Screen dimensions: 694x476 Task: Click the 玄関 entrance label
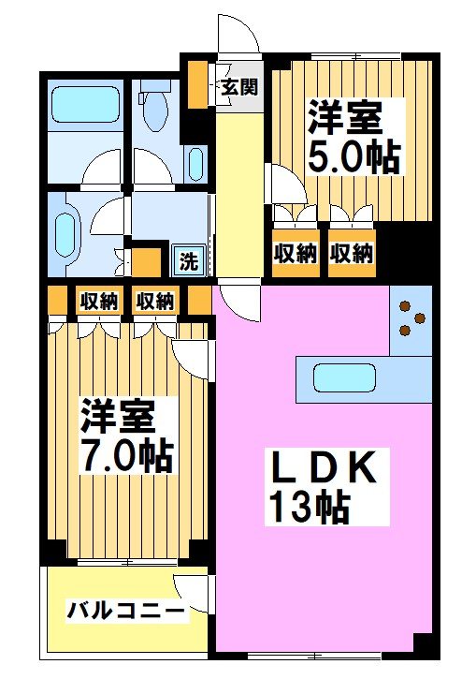[240, 88]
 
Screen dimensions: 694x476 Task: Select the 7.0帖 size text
[125, 455]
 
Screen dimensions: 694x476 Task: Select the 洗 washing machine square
[189, 261]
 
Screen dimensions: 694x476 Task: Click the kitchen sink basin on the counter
[343, 378]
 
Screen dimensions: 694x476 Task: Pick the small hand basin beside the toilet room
[195, 165]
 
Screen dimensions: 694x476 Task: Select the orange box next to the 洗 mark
[145, 259]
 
